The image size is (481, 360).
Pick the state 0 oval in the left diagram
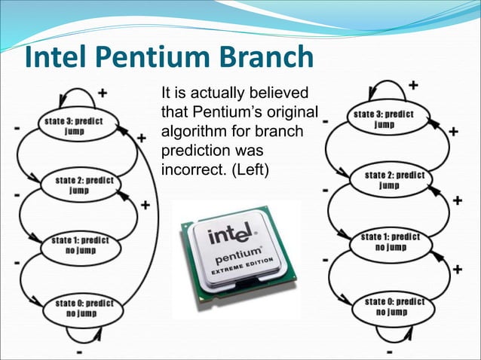click(x=84, y=307)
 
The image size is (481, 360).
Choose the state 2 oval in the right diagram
click(x=393, y=179)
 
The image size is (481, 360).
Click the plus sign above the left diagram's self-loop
click(x=103, y=94)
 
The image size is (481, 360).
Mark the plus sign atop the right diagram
click(x=413, y=85)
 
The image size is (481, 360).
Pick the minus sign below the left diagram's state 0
click(x=78, y=351)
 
